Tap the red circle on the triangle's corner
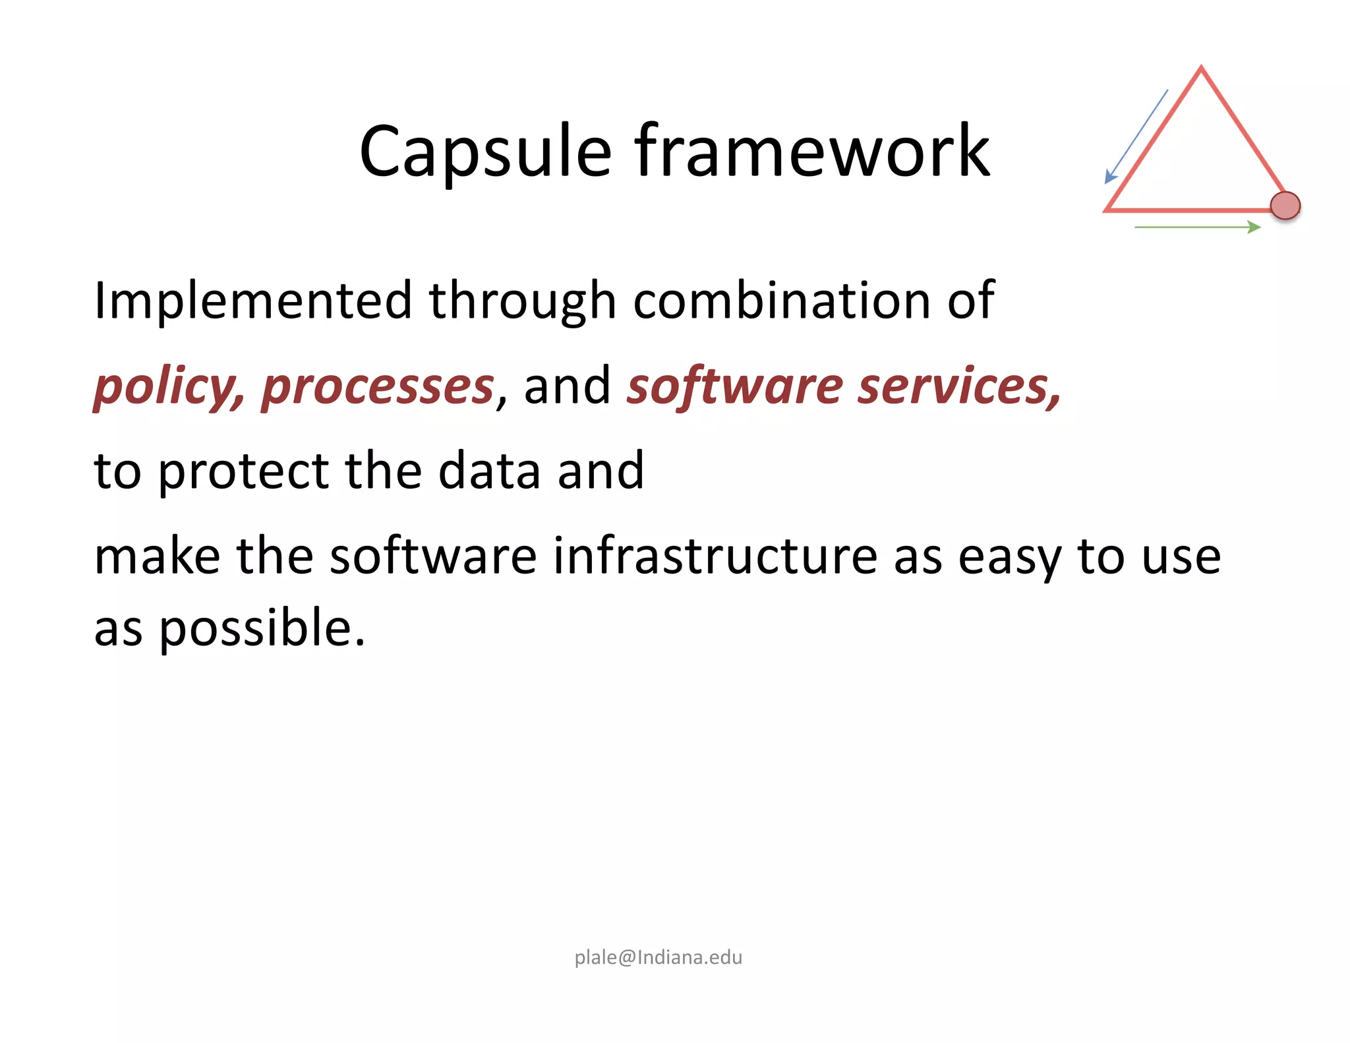(1285, 206)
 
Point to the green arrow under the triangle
(1197, 227)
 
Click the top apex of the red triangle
(1201, 68)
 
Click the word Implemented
(253, 301)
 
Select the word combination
(781, 301)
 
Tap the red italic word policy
(168, 386)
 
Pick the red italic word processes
(378, 386)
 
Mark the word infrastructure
(715, 556)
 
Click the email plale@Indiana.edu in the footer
(658, 957)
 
